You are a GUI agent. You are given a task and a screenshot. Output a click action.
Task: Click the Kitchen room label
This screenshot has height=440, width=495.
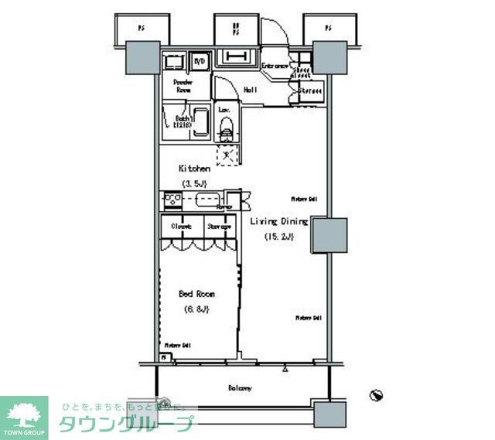click(195, 168)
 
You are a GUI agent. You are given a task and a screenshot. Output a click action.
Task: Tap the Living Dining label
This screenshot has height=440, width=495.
click(278, 222)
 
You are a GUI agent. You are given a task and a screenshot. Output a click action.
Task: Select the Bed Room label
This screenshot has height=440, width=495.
click(196, 294)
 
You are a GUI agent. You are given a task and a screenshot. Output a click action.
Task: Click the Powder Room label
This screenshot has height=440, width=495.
click(183, 85)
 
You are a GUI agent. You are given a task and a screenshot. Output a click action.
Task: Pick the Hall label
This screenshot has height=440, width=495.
click(251, 90)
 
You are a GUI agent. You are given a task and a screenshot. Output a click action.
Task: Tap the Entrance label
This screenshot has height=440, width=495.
click(275, 66)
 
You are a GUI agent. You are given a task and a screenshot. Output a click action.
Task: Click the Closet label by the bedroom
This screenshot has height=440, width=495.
click(182, 227)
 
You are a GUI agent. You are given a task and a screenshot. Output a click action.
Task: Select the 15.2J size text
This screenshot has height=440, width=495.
click(279, 237)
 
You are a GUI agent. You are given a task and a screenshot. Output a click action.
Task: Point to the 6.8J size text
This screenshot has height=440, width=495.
click(196, 309)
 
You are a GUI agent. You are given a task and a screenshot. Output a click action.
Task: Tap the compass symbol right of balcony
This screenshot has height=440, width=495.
click(377, 396)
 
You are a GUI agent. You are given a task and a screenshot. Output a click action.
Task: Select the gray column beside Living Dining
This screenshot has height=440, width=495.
click(328, 236)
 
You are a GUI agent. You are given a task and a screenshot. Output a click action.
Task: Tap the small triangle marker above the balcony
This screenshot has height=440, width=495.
click(285, 370)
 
